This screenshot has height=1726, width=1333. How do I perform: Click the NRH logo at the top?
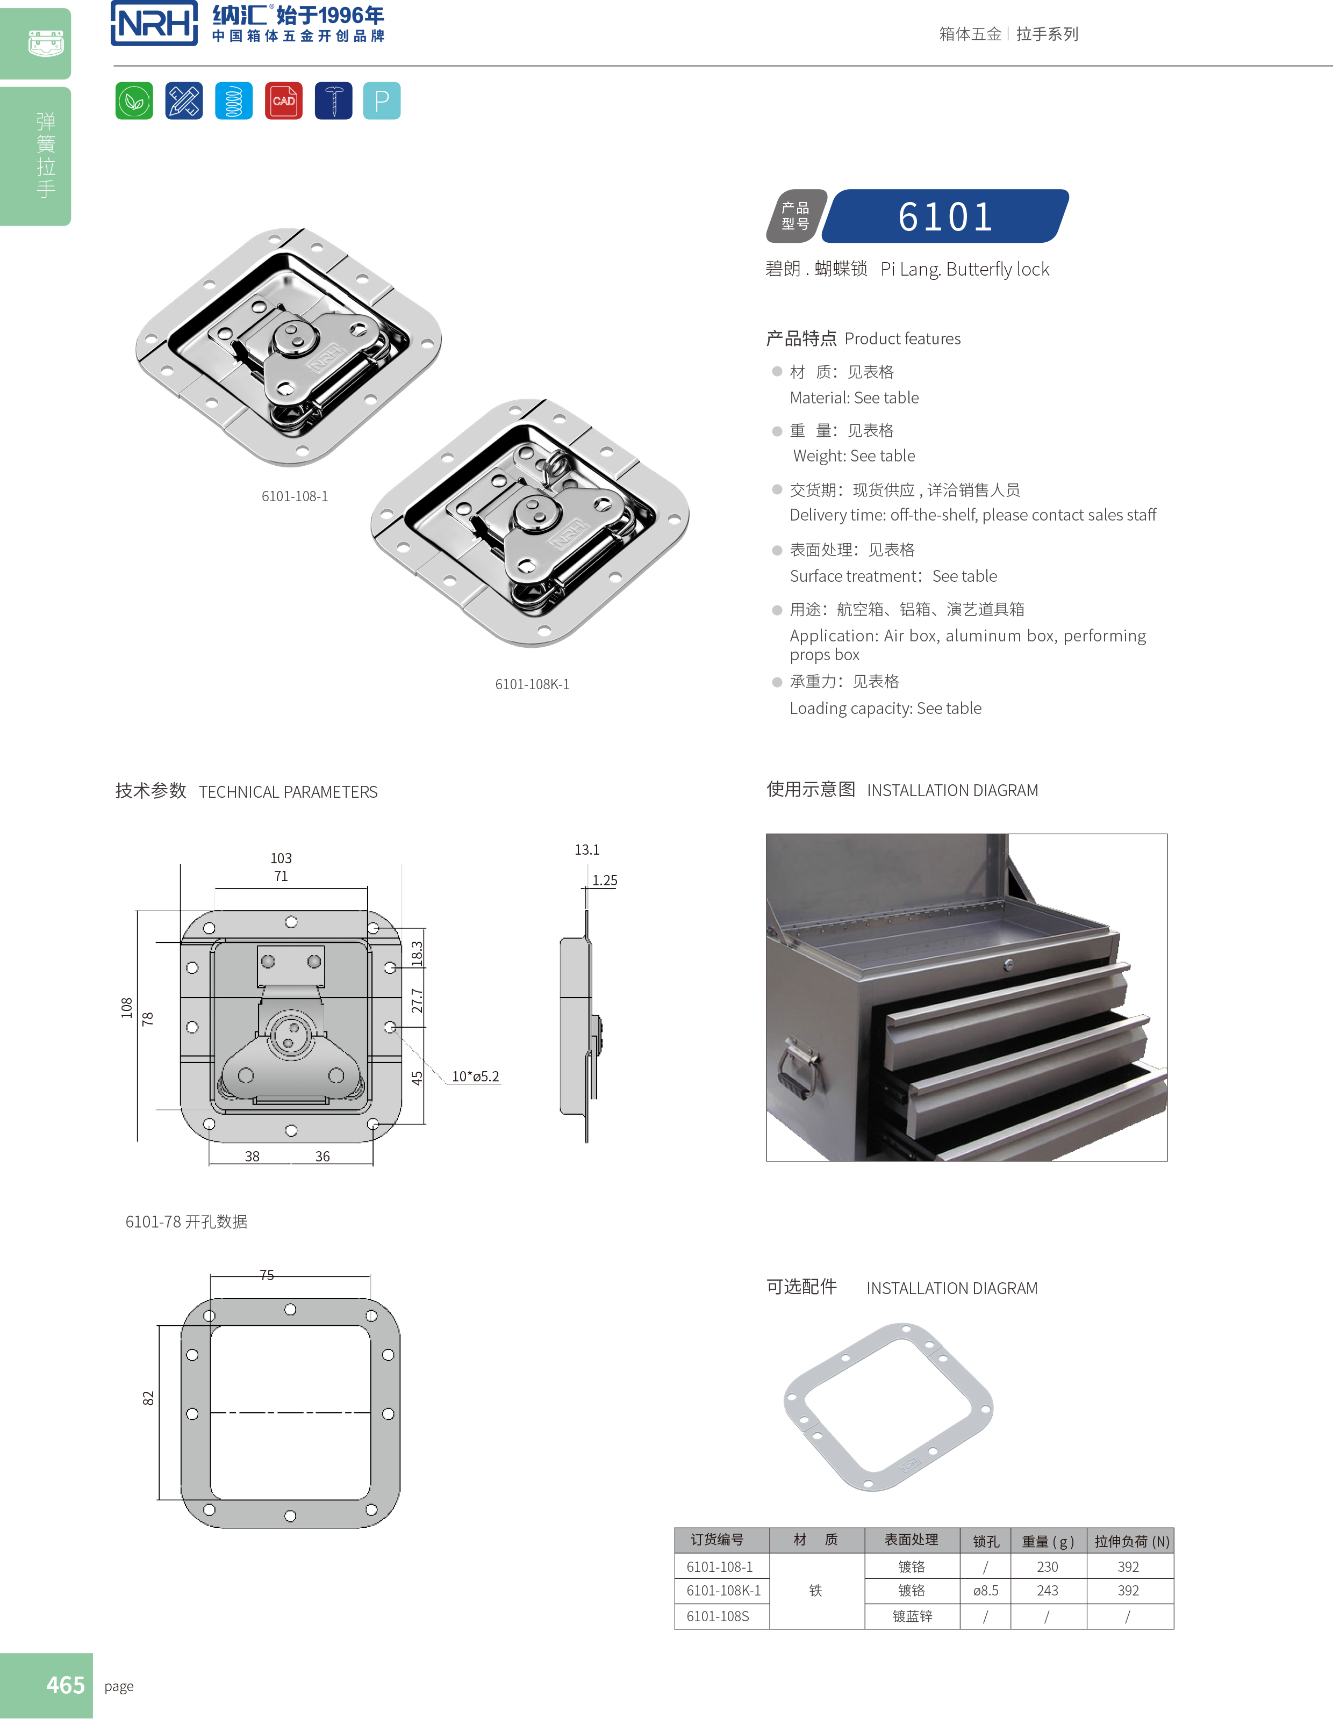pos(154,24)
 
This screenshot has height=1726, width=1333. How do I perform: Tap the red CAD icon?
pos(283,101)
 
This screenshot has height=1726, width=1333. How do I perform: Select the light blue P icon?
pos(382,101)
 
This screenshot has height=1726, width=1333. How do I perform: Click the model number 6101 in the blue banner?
pos(945,216)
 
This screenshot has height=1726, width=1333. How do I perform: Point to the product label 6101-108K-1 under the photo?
pos(532,684)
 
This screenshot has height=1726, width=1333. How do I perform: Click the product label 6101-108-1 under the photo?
pos(295,496)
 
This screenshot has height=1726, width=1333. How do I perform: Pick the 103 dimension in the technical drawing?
pos(281,858)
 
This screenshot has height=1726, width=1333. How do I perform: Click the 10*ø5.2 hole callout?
pos(475,1077)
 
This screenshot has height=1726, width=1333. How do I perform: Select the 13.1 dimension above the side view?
pos(586,849)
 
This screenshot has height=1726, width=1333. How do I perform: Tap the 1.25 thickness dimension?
pos(605,880)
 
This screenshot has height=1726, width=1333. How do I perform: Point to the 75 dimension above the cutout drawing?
pos(267,1275)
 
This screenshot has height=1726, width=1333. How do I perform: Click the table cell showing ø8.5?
pos(985,1591)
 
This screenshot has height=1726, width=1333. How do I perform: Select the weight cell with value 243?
pos(1048,1591)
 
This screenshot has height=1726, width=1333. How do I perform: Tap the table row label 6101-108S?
pos(718,1616)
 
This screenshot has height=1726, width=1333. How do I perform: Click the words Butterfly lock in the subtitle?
pos(997,270)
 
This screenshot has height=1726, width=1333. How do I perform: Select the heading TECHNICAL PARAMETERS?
pos(288,792)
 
